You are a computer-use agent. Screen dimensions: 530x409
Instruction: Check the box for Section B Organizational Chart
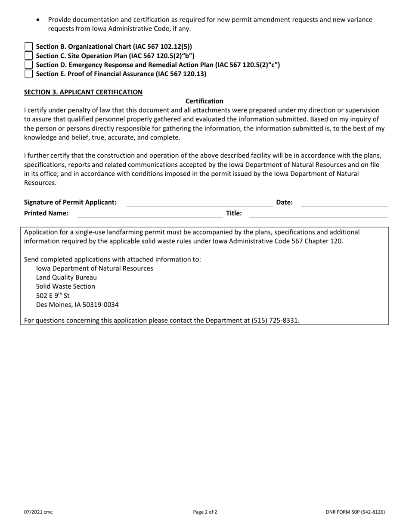pyautogui.click(x=28, y=47)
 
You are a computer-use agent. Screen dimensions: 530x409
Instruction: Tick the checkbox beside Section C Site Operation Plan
pyautogui.click(x=28, y=56)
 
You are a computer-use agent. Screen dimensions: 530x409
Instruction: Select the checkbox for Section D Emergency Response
pyautogui.click(x=28, y=65)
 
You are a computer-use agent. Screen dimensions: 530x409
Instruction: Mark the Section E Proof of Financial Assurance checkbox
pyautogui.click(x=28, y=74)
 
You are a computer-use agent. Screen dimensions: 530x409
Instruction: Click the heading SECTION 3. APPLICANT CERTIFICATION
pyautogui.click(x=83, y=92)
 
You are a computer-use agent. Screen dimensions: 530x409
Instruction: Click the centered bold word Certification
pyautogui.click(x=204, y=101)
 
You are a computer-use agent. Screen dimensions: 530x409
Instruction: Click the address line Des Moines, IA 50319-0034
pyautogui.click(x=77, y=305)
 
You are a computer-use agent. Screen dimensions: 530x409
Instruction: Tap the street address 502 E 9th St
pyautogui.click(x=53, y=296)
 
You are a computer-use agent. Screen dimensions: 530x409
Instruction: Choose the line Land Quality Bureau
pyautogui.click(x=66, y=277)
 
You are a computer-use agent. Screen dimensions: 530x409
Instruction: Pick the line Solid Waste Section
pyautogui.click(x=65, y=287)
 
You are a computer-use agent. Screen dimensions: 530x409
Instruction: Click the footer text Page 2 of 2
pyautogui.click(x=205, y=512)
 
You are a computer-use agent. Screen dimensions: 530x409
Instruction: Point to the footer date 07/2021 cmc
pyautogui.click(x=38, y=512)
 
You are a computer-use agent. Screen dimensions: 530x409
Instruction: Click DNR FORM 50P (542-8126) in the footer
pyautogui.click(x=355, y=512)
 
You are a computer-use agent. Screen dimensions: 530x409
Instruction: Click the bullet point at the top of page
pyautogui.click(x=39, y=20)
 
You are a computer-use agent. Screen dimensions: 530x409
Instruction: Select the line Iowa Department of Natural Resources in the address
pyautogui.click(x=94, y=268)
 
